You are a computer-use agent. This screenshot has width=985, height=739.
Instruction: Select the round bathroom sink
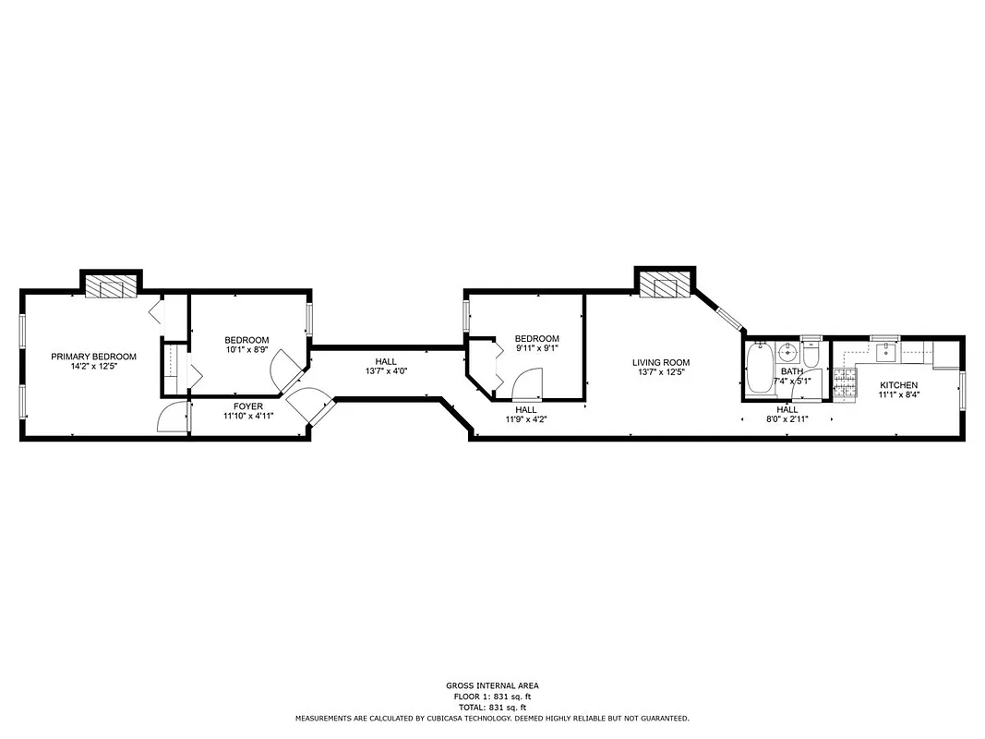tap(787, 353)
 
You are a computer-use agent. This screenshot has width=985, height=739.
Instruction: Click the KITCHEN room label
tap(897, 385)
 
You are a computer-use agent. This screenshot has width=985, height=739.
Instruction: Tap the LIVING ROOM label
tap(660, 363)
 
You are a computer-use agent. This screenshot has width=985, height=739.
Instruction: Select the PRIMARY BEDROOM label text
tap(93, 357)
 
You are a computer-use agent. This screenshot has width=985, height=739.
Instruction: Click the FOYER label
tap(247, 406)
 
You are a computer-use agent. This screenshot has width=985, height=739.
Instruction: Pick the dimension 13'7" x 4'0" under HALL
tap(385, 371)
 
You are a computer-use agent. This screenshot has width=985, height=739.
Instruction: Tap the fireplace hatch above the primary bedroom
tap(111, 287)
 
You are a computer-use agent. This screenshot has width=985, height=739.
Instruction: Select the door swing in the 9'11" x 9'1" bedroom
tap(526, 383)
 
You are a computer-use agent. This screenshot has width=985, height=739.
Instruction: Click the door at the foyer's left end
tap(172, 418)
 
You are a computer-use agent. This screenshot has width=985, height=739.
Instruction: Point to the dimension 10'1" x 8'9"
tap(246, 350)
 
